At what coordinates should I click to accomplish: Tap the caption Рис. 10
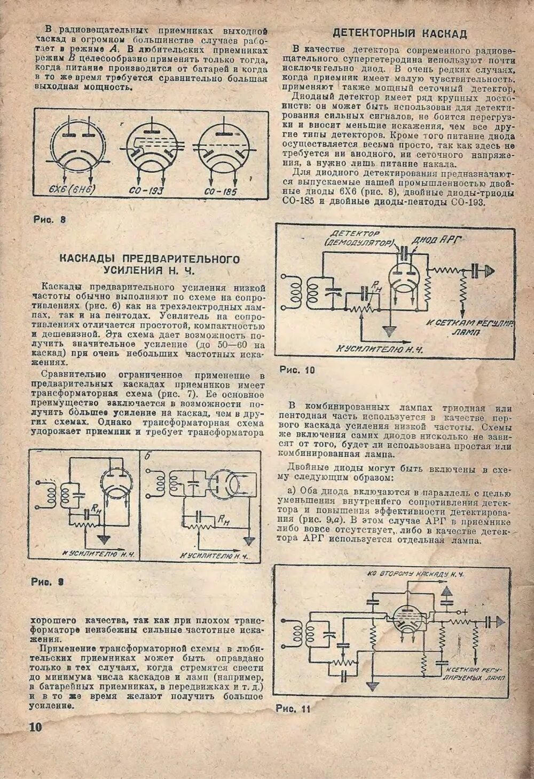pyautogui.click(x=297, y=369)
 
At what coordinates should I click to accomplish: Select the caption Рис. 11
pyautogui.click(x=293, y=709)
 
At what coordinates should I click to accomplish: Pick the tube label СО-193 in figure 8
pyautogui.click(x=147, y=191)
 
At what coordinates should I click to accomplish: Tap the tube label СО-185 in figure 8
pyautogui.click(x=220, y=191)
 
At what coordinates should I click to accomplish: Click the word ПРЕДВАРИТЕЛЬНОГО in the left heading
pyautogui.click(x=149, y=259)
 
